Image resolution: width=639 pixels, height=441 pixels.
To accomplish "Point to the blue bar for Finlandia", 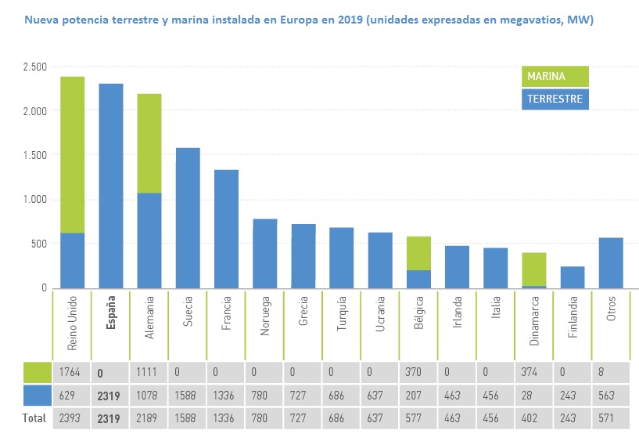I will tap(572, 277).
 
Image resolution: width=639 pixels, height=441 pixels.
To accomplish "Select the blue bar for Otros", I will tap(610, 263).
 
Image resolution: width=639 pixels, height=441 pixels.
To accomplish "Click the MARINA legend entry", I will tap(555, 76).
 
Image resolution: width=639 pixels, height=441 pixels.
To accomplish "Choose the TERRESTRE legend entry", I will tap(555, 99).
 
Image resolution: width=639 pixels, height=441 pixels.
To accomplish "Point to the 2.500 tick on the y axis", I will tap(34, 67).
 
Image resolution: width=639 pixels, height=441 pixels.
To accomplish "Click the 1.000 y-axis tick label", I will tap(34, 200).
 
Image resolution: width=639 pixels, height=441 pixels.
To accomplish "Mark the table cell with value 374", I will tap(533, 373).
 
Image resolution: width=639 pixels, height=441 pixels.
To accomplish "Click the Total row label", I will tap(27, 419).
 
